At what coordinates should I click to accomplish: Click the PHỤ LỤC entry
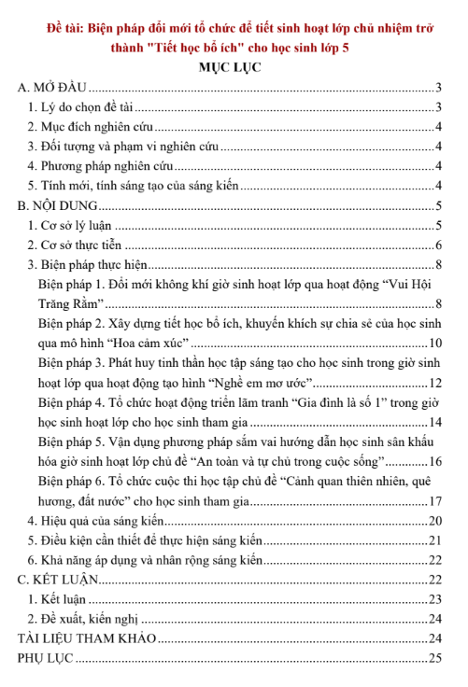pos(45,659)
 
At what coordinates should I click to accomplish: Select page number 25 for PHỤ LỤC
pos(434,659)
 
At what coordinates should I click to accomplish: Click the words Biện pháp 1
pos(70,285)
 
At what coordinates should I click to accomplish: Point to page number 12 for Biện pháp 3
pos(434,383)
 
